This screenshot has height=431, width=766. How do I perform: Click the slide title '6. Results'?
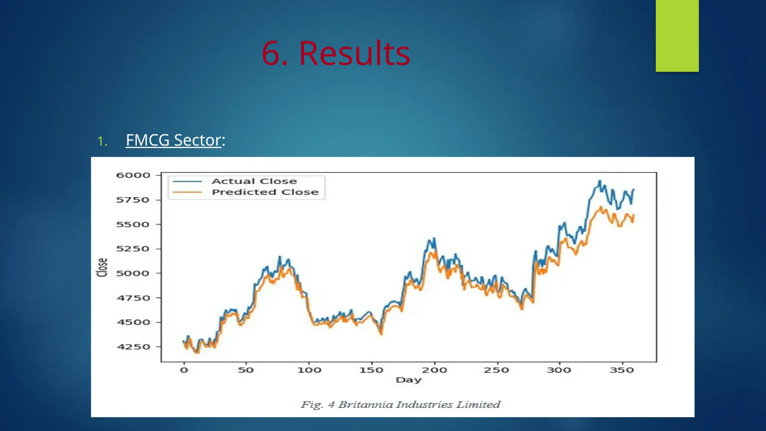coord(335,53)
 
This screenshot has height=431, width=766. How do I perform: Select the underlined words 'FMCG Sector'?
coord(174,140)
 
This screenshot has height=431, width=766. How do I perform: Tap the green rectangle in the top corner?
coord(677,36)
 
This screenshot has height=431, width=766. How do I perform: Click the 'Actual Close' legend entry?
coord(254,181)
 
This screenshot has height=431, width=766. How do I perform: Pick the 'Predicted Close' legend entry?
coord(265,192)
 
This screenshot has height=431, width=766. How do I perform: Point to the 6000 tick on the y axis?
coord(133,175)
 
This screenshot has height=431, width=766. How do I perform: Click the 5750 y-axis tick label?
coord(133,200)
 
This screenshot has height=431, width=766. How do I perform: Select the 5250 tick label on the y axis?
coord(133,249)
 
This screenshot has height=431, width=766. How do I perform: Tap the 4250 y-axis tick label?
coord(133,347)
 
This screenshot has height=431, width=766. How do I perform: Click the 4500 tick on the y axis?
coord(133,322)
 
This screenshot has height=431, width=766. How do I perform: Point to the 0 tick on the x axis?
coord(184,370)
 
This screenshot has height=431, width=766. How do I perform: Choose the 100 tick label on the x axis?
coord(309,370)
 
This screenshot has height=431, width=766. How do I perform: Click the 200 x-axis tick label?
coord(434,370)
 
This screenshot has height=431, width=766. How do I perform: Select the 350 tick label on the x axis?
coord(622,370)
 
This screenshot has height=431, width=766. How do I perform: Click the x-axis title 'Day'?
coord(408,380)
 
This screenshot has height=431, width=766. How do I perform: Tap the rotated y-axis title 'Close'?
coord(102,268)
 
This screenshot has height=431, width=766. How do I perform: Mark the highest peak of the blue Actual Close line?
coord(600,181)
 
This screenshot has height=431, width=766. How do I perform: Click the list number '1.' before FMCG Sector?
coord(102,141)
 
